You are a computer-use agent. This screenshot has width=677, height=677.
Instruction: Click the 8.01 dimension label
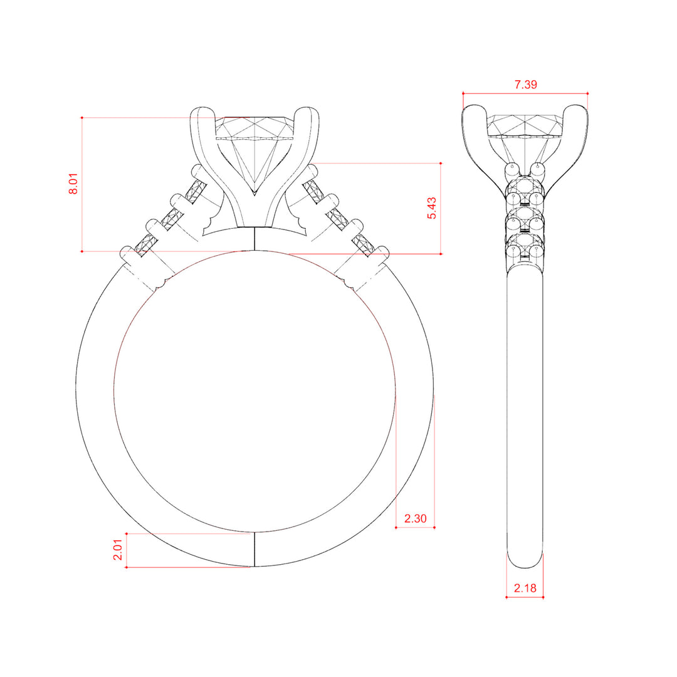tap(73, 184)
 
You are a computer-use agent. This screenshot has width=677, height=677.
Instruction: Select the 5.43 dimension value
tap(432, 208)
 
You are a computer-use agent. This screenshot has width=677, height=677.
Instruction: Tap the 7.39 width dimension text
tap(525, 85)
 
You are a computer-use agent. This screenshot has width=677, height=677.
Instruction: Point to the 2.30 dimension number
tap(416, 518)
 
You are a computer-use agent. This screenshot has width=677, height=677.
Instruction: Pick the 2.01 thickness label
tap(118, 550)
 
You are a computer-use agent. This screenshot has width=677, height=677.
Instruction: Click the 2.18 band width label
tap(525, 588)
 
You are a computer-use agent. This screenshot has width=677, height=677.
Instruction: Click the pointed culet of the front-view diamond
tap(255, 194)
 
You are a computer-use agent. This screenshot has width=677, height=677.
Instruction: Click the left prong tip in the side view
tap(474, 108)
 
